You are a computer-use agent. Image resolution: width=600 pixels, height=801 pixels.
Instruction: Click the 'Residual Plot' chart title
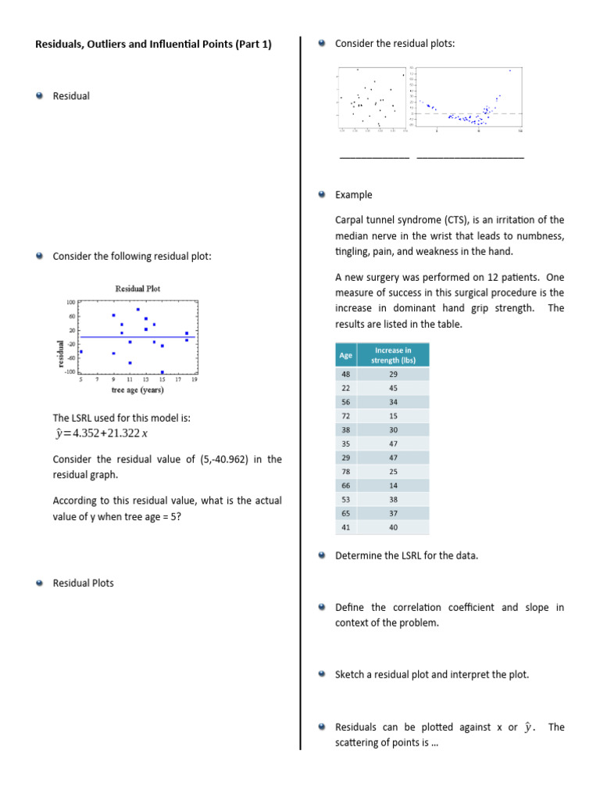pos(137,289)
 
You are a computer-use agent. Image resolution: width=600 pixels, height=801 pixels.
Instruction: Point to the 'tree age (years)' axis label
pos(137,390)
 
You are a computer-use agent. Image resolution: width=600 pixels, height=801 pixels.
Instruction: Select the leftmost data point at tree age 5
pos(81,352)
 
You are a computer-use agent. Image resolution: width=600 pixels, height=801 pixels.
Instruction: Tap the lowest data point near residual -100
pos(162,372)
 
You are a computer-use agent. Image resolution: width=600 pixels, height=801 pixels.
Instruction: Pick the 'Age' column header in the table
pos(345,355)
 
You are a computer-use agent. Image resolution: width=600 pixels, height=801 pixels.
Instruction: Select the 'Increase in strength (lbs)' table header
pos(392,355)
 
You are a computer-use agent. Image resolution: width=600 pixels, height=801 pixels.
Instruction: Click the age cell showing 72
pos(345,416)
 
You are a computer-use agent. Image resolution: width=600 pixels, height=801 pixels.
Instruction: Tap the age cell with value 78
pos(345,472)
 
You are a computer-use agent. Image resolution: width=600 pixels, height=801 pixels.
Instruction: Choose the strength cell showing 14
pos(392,485)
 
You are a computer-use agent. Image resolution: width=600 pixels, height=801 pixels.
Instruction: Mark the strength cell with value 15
pos(392,416)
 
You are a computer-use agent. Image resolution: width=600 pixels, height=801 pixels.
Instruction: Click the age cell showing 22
pos(345,388)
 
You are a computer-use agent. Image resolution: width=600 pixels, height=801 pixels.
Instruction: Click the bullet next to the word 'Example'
pos(323,195)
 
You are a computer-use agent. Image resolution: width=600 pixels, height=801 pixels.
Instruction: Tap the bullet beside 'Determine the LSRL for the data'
pos(323,555)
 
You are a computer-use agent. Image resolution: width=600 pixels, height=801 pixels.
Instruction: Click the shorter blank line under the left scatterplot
pos(373,158)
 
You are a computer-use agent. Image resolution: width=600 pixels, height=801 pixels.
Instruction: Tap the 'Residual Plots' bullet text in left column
pos(83,583)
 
